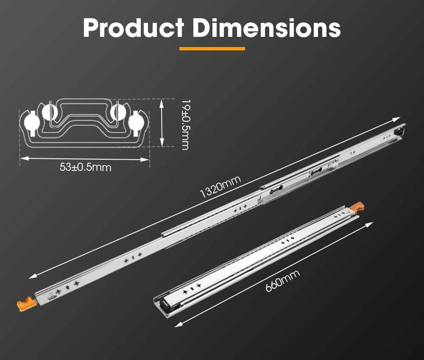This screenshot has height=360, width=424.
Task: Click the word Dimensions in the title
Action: (266, 28)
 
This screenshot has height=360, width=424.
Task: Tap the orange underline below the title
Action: (212, 49)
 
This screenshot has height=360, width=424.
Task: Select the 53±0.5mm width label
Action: (85, 167)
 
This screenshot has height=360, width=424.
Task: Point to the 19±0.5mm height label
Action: (185, 125)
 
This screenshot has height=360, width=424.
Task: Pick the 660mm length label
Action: (282, 280)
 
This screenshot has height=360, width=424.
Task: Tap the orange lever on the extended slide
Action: (25, 303)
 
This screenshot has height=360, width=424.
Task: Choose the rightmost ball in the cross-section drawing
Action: (137, 122)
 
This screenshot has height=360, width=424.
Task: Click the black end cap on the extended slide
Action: (399, 131)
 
